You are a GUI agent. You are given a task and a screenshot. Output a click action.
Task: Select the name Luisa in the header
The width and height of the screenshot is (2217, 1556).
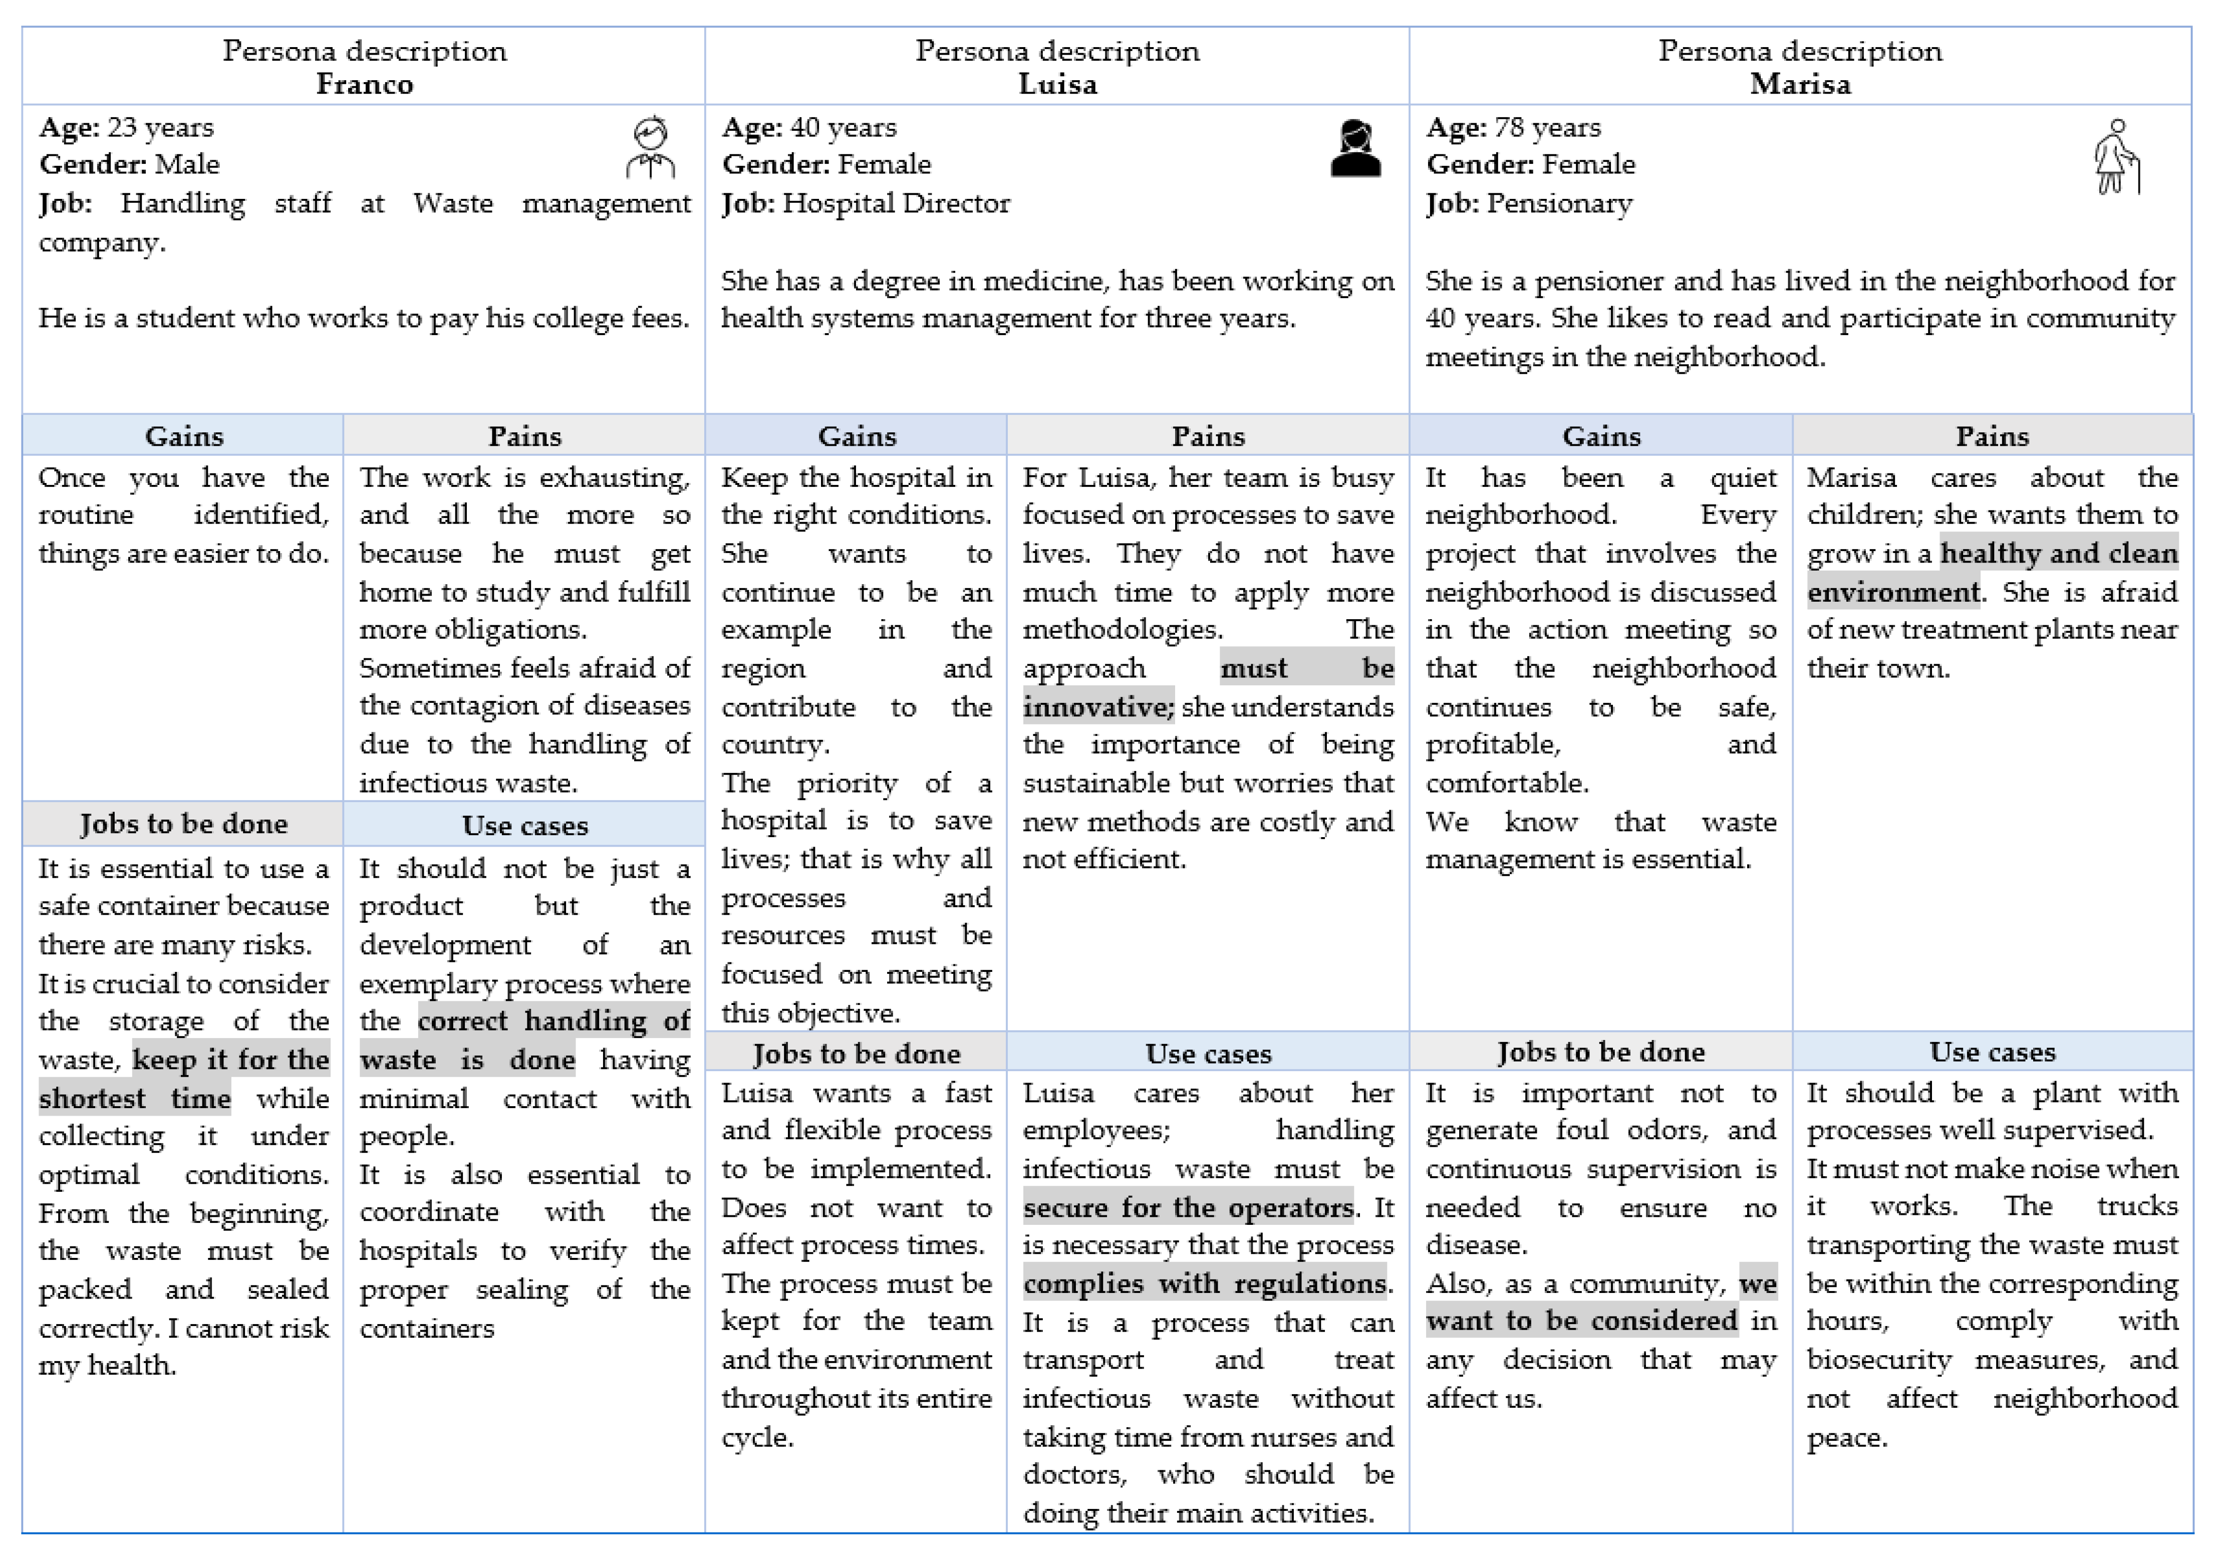click(x=1057, y=85)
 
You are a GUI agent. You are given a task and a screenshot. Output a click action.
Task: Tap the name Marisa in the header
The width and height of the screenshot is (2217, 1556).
click(x=1800, y=85)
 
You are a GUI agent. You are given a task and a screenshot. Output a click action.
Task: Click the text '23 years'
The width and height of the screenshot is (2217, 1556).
click(x=160, y=127)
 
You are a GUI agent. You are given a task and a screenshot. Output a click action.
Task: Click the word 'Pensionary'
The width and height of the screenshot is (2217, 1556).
click(x=1559, y=204)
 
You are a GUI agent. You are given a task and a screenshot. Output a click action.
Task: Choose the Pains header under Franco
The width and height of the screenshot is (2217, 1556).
click(x=524, y=436)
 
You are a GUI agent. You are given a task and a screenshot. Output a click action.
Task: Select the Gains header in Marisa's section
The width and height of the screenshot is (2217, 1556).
click(x=1601, y=436)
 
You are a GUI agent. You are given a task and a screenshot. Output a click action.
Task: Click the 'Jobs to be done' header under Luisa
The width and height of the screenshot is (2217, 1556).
click(x=857, y=1054)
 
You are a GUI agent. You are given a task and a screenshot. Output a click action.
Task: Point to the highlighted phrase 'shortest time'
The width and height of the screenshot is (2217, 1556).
click(x=134, y=1099)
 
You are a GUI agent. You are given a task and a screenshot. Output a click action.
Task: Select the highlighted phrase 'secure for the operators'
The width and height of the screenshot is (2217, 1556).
click(x=1188, y=1208)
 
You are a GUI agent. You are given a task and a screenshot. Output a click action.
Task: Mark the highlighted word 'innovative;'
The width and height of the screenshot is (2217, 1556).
click(x=1098, y=708)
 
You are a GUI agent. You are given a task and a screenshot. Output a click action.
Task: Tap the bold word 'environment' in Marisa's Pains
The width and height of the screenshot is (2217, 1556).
click(x=1892, y=592)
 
